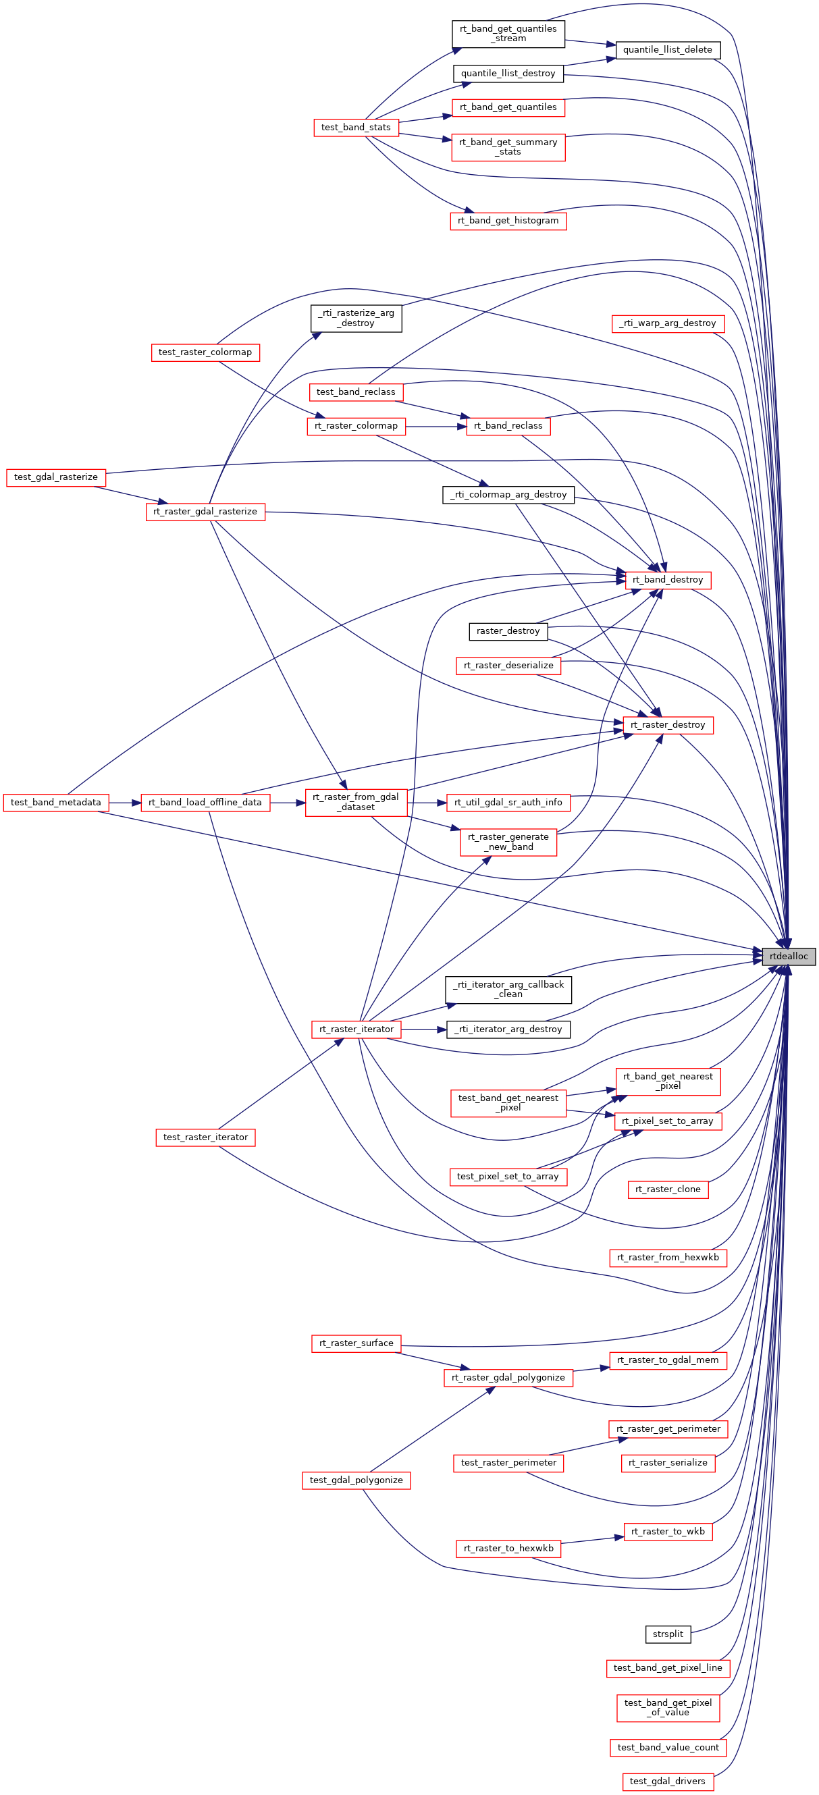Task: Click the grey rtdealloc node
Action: click(789, 956)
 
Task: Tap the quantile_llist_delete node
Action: click(667, 50)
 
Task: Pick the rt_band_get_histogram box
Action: click(508, 221)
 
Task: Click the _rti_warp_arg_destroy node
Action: click(668, 323)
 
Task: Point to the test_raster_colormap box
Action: click(205, 352)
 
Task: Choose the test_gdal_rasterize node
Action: click(56, 477)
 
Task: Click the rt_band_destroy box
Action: click(668, 580)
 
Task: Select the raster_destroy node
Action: click(508, 631)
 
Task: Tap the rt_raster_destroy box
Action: click(668, 726)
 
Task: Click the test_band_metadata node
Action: click(56, 803)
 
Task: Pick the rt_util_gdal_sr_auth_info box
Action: click(508, 803)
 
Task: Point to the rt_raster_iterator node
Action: click(356, 1029)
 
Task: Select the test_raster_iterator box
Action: click(205, 1137)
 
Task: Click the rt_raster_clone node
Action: click(668, 1189)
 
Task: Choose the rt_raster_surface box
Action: click(356, 1343)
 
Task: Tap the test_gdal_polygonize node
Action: click(356, 1480)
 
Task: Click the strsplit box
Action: click(668, 1634)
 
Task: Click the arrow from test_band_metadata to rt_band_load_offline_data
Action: click(125, 803)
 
